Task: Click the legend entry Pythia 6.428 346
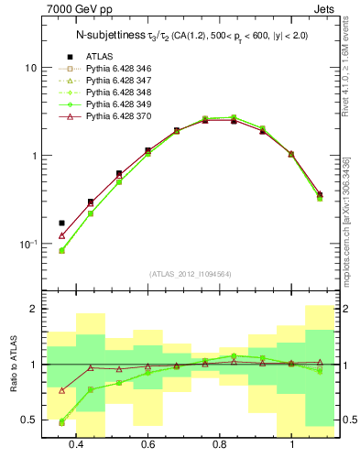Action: (x=117, y=69)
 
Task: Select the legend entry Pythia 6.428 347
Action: (x=117, y=81)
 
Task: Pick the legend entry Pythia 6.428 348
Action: (x=117, y=93)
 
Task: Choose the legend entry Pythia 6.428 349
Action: (x=117, y=104)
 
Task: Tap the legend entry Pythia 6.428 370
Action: (x=117, y=116)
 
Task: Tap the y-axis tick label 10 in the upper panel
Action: (x=29, y=69)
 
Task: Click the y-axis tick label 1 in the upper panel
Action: (x=32, y=156)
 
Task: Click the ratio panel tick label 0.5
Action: (x=28, y=420)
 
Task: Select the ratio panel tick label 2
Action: (x=32, y=310)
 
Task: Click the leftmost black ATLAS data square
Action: (x=61, y=223)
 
